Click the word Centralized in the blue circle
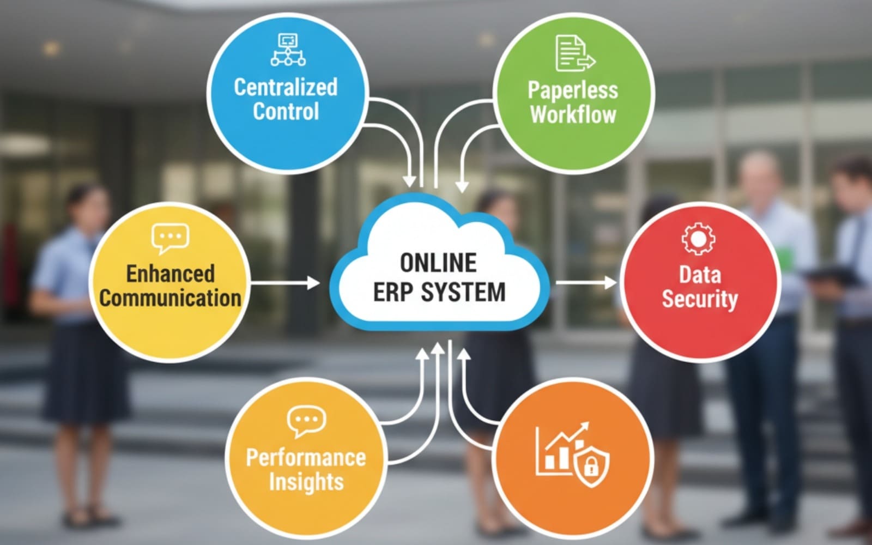pos(286,87)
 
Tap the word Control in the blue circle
pos(286,111)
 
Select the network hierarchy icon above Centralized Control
pos(288,50)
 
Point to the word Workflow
pos(573,114)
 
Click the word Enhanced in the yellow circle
pos(171,273)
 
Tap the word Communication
pos(170,298)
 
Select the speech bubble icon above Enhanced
pos(171,238)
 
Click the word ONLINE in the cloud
pos(438,263)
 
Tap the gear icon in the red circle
pos(698,239)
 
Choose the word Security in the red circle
pos(700,299)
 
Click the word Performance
pos(306,457)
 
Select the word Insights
pos(306,482)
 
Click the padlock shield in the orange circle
pos(592,468)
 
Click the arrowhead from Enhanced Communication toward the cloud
pos(313,283)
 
